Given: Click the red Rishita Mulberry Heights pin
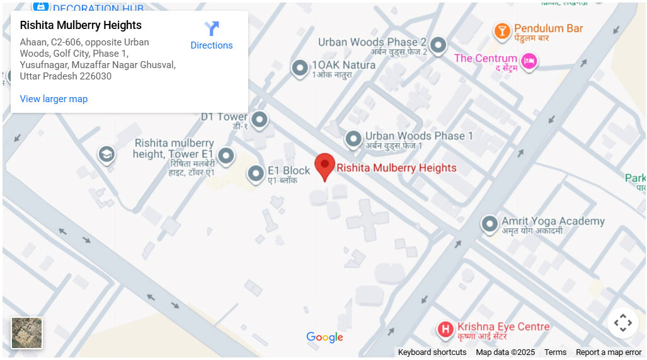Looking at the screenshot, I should click(324, 166).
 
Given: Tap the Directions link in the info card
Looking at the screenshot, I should click(212, 45).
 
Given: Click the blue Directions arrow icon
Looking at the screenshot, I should click(212, 28).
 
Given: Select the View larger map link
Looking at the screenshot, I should click(54, 99).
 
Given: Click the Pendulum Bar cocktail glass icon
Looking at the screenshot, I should click(502, 31).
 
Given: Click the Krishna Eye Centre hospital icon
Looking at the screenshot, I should click(445, 329).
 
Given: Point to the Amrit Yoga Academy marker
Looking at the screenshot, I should click(490, 224).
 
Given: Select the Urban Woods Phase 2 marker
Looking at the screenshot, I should click(438, 45).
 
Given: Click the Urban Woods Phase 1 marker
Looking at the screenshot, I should click(353, 138).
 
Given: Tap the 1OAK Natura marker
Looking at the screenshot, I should click(300, 67).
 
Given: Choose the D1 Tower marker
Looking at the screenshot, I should click(259, 119).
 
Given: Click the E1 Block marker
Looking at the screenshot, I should click(255, 173).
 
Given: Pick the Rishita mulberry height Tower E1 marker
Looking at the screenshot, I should click(226, 155).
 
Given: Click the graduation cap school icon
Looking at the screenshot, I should click(106, 154).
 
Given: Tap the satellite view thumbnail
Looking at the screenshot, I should click(27, 333).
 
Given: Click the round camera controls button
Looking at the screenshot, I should click(622, 323).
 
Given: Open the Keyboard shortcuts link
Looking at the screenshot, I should click(432, 352).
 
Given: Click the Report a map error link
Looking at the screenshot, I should click(609, 352).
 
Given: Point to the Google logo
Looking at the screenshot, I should click(324, 337).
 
